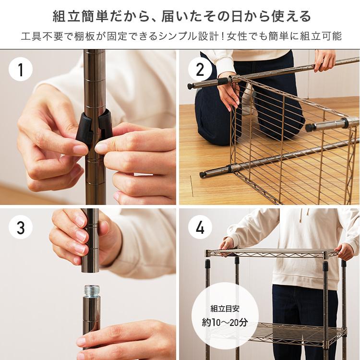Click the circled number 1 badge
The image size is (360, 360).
point(21,69)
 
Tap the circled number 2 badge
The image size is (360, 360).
point(200,69)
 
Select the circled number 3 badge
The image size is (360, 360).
point(21,228)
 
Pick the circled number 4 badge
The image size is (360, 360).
point(200,228)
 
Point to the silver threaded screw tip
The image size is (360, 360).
point(92,290)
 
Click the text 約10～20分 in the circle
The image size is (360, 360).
point(225,323)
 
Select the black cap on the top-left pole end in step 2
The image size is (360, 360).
point(191,86)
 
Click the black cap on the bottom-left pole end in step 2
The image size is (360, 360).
point(202,175)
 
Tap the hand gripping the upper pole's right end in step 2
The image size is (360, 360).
point(324,60)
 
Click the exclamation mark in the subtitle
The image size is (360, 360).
point(222,36)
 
